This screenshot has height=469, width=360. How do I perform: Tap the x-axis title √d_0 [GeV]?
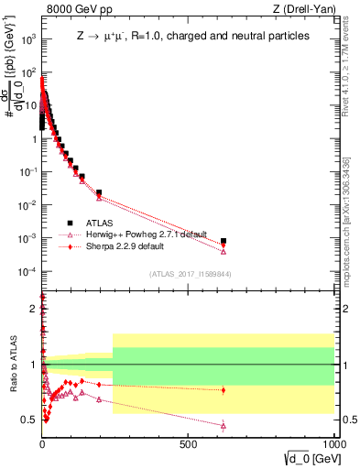click(302, 458)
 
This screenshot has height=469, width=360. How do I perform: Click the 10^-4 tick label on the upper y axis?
click(27, 272)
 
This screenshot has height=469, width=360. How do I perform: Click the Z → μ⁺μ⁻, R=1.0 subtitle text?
click(193, 36)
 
